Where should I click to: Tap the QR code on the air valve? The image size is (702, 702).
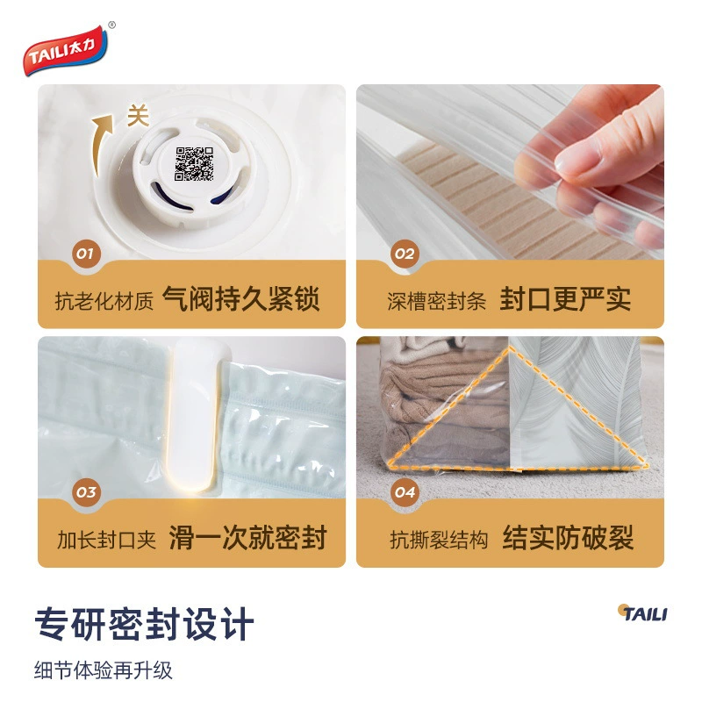click(x=194, y=164)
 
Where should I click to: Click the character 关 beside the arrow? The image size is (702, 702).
click(x=138, y=117)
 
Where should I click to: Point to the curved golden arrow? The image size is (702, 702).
click(x=101, y=144)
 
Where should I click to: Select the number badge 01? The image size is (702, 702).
click(x=86, y=254)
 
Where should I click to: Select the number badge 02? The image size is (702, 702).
click(x=405, y=254)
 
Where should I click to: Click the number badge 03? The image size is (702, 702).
click(x=86, y=492)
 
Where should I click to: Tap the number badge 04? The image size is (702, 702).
click(x=405, y=492)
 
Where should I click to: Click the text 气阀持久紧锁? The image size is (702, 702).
click(x=240, y=298)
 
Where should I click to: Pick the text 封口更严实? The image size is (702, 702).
click(x=565, y=298)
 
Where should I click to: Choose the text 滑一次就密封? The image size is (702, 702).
click(x=247, y=537)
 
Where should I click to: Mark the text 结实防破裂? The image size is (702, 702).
click(x=568, y=537)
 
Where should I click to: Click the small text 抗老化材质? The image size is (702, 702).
click(x=104, y=301)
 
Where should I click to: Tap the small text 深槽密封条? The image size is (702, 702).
click(x=436, y=301)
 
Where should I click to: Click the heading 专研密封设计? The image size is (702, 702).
click(x=144, y=624)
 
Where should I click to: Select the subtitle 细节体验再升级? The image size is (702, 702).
click(x=103, y=670)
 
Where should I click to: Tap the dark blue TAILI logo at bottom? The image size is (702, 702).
click(x=642, y=612)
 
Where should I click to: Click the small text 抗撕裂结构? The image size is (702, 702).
click(x=439, y=540)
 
